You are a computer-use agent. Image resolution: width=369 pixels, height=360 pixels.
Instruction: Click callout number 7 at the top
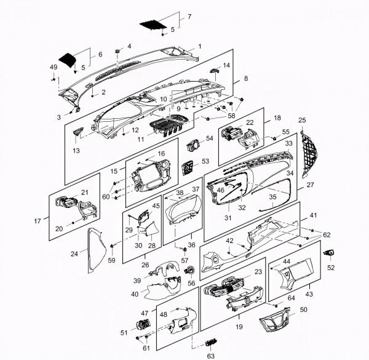[x=189, y=17]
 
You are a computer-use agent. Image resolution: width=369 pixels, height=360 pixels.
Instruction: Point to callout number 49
[x=54, y=67]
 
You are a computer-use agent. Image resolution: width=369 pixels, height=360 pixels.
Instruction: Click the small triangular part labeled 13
[x=78, y=131]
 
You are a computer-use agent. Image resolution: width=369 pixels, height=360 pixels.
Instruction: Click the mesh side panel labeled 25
[x=309, y=154]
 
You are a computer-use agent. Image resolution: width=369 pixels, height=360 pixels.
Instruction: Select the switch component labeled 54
[x=193, y=145]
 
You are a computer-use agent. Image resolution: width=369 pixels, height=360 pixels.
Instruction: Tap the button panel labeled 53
[x=188, y=168]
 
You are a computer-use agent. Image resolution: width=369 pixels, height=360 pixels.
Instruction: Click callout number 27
[x=311, y=185]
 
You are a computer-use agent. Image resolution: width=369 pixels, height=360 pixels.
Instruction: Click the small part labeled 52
[x=329, y=253]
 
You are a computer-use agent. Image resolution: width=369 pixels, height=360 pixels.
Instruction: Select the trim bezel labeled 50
[x=275, y=319]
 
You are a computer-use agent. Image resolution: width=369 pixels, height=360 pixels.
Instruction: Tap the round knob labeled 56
[x=190, y=270]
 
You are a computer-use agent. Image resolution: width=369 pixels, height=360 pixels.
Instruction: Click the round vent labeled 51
[x=143, y=324]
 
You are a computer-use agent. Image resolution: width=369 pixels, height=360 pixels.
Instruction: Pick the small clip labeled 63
[x=212, y=343]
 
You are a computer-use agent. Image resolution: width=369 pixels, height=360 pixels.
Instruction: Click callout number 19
[x=239, y=327]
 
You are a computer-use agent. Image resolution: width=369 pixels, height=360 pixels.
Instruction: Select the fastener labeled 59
[x=112, y=246]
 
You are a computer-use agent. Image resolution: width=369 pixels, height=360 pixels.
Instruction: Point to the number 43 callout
[x=309, y=294]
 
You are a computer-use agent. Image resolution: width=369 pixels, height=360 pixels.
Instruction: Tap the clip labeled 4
[x=117, y=51]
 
